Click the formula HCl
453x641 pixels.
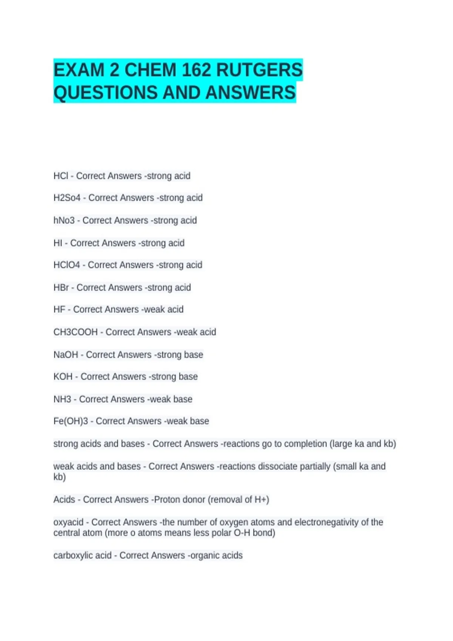pyautogui.click(x=61, y=176)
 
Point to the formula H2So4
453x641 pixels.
pyautogui.click(x=67, y=198)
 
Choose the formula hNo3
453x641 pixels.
pyautogui.click(x=64, y=221)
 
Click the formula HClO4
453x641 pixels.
pyautogui.click(x=66, y=265)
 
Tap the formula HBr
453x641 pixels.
pyautogui.click(x=61, y=288)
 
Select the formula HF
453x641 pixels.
pyautogui.click(x=59, y=310)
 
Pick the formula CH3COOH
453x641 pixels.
pyautogui.click(x=75, y=332)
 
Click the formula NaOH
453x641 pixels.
pyautogui.click(x=66, y=355)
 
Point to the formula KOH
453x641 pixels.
pyautogui.click(x=63, y=377)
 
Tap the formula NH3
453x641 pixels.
pyautogui.click(x=62, y=399)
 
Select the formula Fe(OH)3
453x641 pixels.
pyautogui.click(x=71, y=421)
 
